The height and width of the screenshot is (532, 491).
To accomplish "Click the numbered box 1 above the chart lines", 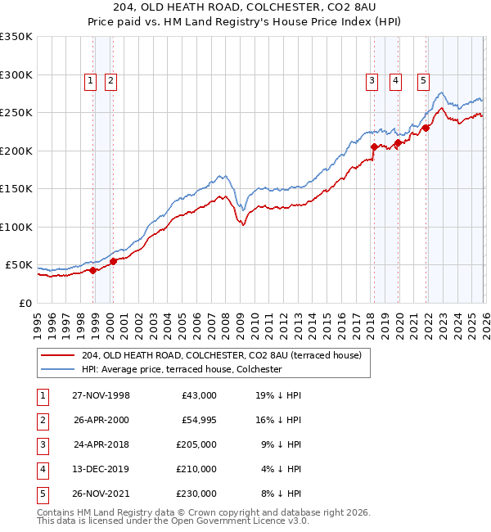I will coord(89,80).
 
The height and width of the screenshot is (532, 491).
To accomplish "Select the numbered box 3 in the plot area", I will coord(372,80).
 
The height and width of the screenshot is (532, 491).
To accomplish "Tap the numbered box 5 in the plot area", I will coord(423,80).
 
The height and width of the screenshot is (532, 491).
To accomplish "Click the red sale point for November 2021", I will coord(426,128).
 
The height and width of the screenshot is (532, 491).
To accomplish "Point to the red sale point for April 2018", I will coord(374,147).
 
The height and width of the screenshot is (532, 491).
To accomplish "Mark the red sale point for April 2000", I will coord(113,261).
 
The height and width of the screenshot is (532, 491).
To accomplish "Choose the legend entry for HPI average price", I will coord(181,369).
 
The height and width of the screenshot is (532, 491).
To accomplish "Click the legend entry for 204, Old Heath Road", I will coord(227,354).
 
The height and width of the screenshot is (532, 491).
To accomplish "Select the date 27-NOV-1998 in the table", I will coord(101,394).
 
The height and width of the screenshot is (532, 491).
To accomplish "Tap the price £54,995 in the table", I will coord(198,419).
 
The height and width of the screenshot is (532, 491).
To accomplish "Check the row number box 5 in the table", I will coord(41,493).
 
